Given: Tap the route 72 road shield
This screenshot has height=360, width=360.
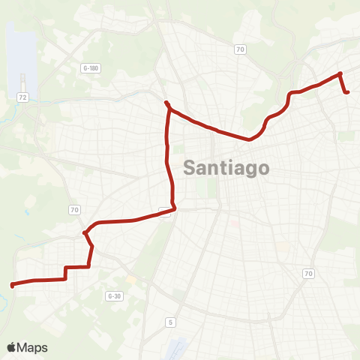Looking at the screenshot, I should (x=22, y=98).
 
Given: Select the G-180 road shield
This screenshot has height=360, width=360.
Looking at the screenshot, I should (x=91, y=68).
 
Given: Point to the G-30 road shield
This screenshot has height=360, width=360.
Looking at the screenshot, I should (x=114, y=296).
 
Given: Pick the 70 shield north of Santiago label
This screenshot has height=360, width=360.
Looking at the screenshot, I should (x=240, y=50).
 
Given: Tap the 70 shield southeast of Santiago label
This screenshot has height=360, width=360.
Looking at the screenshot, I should (x=308, y=274).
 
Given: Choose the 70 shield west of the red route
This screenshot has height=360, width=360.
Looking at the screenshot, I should (x=74, y=209).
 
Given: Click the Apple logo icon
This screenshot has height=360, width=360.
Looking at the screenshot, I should (x=11, y=348).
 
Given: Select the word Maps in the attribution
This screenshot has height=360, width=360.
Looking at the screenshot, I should (x=33, y=348).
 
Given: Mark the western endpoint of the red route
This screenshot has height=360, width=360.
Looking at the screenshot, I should (x=12, y=284).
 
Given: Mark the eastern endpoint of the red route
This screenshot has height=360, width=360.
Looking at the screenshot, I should (x=347, y=92).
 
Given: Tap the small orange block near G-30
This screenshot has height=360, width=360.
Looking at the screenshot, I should (x=132, y=280).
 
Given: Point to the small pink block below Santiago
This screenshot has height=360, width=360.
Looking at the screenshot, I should (x=235, y=222).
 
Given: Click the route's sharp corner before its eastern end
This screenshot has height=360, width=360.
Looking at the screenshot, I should (x=340, y=73).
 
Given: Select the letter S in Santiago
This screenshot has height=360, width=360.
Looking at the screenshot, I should (x=190, y=168).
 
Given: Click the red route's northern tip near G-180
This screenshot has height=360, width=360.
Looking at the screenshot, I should (x=166, y=103).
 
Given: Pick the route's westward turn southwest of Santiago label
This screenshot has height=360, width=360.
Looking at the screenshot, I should (x=174, y=208).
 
